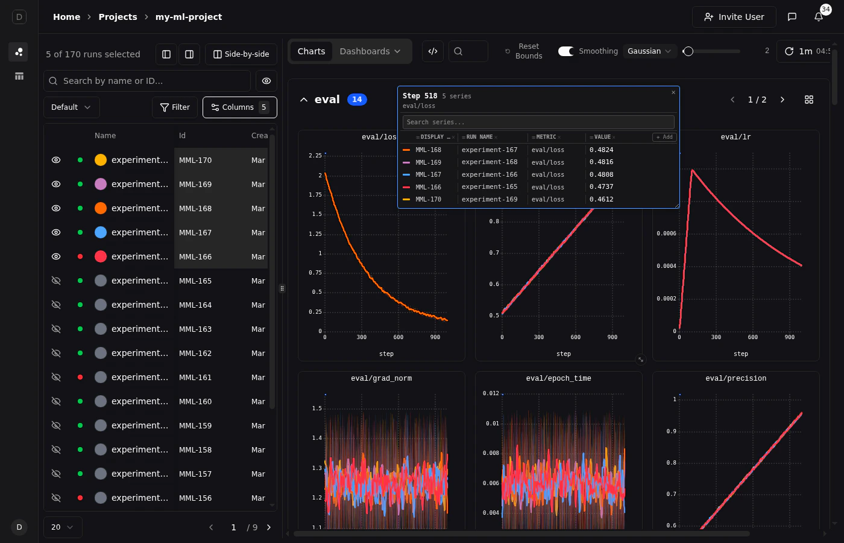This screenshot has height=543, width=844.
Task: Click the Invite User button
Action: tap(734, 17)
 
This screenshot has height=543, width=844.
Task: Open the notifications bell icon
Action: tap(819, 17)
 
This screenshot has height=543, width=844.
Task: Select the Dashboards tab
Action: tap(370, 51)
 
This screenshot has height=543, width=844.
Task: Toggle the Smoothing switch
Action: tap(566, 51)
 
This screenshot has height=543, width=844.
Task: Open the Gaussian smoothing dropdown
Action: tap(649, 51)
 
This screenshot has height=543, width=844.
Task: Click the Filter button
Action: tap(175, 107)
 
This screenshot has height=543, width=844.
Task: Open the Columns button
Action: tap(239, 107)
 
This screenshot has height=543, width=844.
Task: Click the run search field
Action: tap(147, 81)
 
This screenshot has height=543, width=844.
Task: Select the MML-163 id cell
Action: tap(195, 329)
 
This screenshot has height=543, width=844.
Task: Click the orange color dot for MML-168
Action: tap(101, 208)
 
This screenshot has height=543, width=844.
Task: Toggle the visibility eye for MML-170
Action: tap(56, 160)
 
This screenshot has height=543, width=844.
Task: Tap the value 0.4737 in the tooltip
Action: tap(601, 187)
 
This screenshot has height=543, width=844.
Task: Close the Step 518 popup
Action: tap(673, 92)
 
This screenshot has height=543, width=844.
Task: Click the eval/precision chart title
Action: tap(735, 378)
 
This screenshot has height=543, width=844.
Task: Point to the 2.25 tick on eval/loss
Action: tap(315, 156)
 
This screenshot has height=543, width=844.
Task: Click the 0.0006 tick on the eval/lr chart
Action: tap(666, 233)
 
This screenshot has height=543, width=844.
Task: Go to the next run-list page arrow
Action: tap(269, 527)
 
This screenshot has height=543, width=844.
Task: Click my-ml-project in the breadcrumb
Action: tap(188, 17)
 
